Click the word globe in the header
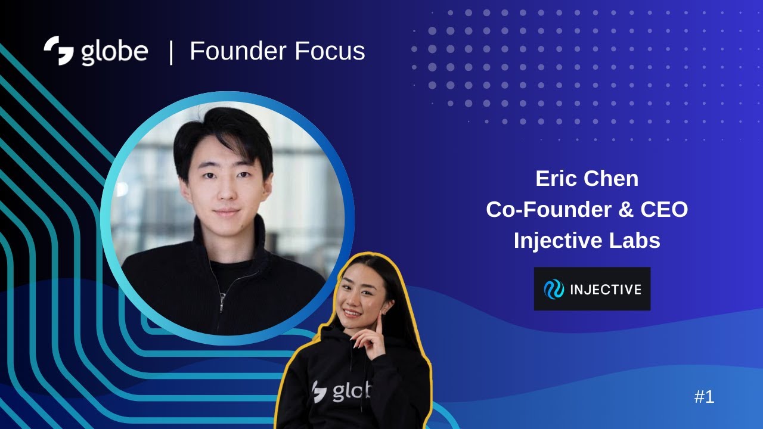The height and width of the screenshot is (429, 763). tap(114, 52)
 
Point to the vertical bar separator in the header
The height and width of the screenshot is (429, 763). tap(171, 52)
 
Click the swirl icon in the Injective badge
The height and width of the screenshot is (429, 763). tap(554, 290)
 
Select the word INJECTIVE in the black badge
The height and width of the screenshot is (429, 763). tap(606, 290)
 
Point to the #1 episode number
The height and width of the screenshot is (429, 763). tap(704, 397)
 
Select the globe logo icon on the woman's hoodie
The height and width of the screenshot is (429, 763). tap(320, 391)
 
